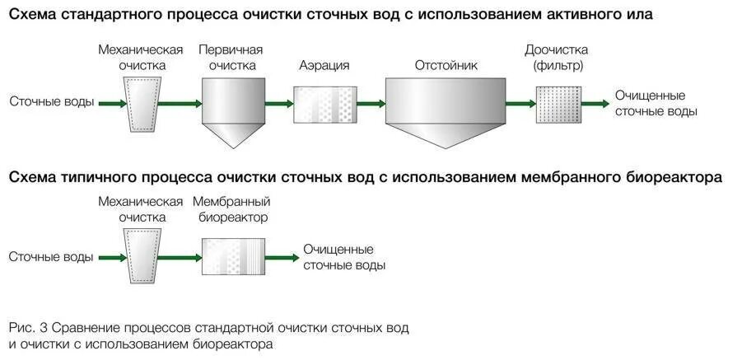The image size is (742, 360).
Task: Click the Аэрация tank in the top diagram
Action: (x=324, y=104)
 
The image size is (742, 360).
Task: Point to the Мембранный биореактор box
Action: (x=234, y=257)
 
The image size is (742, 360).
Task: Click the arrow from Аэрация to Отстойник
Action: (x=371, y=104)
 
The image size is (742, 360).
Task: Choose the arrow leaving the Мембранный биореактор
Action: (x=282, y=257)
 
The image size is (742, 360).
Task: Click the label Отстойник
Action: (x=446, y=65)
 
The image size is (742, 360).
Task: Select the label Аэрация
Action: (x=324, y=65)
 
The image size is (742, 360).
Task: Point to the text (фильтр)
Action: (x=558, y=64)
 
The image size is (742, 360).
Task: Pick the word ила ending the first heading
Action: (x=639, y=16)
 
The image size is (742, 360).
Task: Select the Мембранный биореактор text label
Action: (x=231, y=209)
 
